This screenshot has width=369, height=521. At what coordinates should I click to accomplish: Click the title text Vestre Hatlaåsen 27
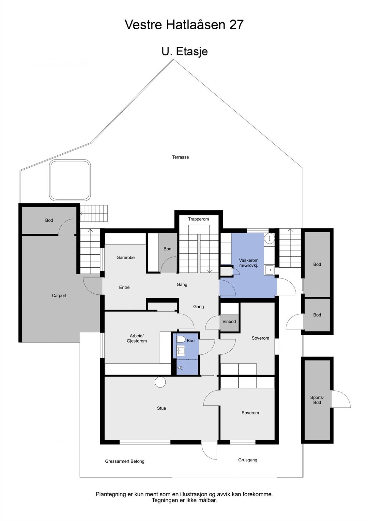tap(184, 25)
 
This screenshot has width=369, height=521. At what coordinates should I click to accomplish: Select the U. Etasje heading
tap(184, 51)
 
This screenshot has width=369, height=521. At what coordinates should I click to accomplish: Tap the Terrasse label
tap(180, 157)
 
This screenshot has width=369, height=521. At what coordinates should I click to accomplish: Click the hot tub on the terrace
tap(70, 180)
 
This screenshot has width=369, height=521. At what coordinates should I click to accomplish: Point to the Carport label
tap(59, 296)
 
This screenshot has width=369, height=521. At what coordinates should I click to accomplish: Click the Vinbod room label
tap(229, 322)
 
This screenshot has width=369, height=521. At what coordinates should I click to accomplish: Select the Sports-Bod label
tap(317, 400)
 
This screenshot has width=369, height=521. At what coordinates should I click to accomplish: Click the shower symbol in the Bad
tap(181, 368)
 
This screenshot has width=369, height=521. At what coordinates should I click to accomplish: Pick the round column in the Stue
tap(160, 382)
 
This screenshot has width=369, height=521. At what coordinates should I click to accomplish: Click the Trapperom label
tap(198, 219)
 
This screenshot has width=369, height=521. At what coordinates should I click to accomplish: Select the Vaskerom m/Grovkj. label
tap(249, 263)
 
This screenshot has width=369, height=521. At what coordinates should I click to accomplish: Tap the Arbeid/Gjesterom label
tap(137, 338)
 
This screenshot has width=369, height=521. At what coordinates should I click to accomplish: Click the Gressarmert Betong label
tap(125, 461)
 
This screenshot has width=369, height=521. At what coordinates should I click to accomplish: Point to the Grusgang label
tap(248, 460)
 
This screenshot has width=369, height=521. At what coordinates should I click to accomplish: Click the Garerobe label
tap(126, 258)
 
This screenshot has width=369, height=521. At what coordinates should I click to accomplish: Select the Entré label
tap(124, 288)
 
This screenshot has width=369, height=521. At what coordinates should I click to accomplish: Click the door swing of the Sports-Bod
tap(342, 399)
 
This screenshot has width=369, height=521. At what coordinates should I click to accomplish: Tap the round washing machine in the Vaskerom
tap(269, 238)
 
